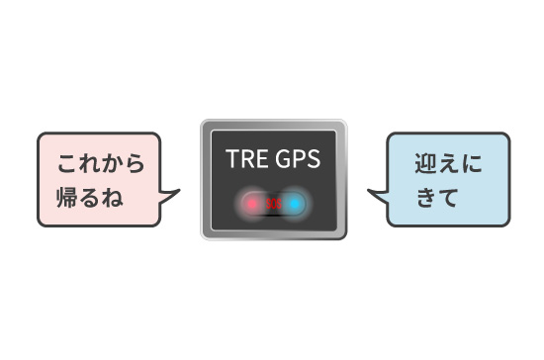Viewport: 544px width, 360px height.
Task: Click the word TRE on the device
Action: click(x=243, y=159)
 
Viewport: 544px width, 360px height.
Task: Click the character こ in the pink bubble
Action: click(x=67, y=163)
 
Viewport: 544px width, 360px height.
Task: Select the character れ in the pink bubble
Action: click(x=90, y=163)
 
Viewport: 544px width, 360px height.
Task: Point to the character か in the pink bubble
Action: click(x=113, y=163)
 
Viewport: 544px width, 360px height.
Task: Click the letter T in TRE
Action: click(x=231, y=159)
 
